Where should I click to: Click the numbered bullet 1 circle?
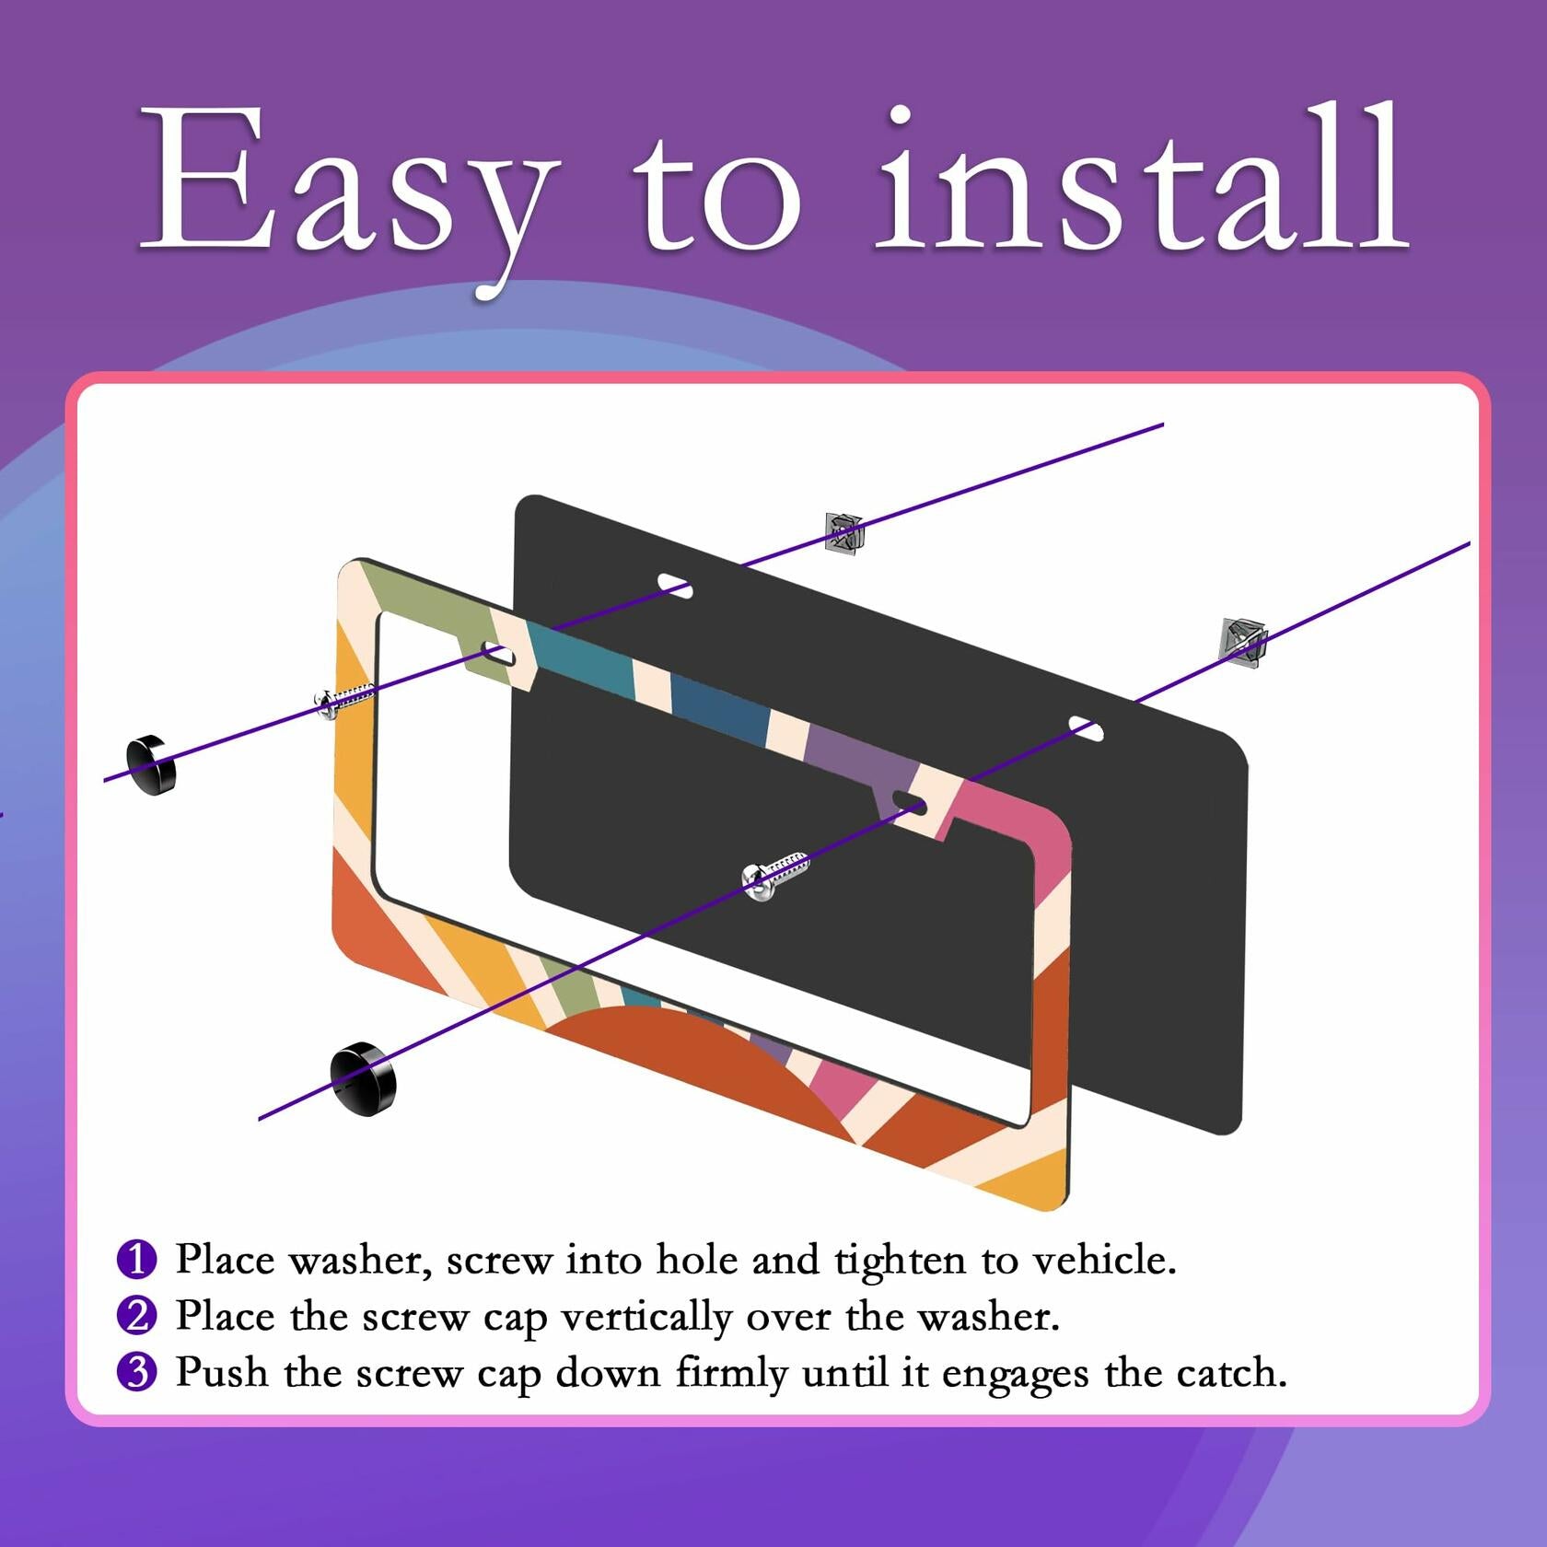point(137,1259)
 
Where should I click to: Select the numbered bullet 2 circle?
point(137,1315)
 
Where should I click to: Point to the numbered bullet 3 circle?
point(137,1371)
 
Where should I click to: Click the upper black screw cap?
point(151,764)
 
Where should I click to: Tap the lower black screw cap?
point(363,1078)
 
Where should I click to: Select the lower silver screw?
point(773,875)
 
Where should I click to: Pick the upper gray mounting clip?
point(843,533)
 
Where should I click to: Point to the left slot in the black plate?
point(675,585)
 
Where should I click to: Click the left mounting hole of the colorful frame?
point(498,655)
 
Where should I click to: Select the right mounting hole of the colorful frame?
point(910,801)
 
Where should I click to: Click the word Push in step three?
point(222,1372)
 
